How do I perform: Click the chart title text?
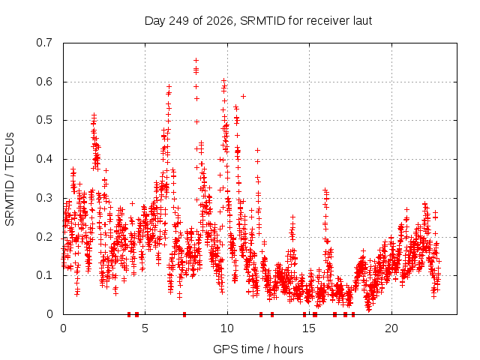click(x=258, y=21)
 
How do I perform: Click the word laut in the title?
click(x=362, y=21)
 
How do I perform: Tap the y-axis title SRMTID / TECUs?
click(x=10, y=179)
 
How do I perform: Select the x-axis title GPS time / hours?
click(x=258, y=349)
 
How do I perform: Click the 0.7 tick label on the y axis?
click(x=44, y=43)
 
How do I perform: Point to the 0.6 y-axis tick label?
click(x=44, y=82)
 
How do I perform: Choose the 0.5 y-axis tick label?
click(x=44, y=120)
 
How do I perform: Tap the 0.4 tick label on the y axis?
click(x=44, y=159)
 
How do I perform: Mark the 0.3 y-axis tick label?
click(x=44, y=198)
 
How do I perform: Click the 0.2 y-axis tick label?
click(x=44, y=237)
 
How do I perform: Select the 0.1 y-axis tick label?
click(x=44, y=275)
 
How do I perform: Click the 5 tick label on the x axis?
click(x=145, y=328)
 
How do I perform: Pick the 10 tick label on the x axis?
click(x=227, y=328)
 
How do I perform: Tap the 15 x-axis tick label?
click(x=309, y=328)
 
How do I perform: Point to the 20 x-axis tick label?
click(x=391, y=328)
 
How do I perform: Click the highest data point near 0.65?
click(x=196, y=60)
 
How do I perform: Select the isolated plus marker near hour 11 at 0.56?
click(x=243, y=96)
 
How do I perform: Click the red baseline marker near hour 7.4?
click(x=184, y=314)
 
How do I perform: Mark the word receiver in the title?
click(x=328, y=21)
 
